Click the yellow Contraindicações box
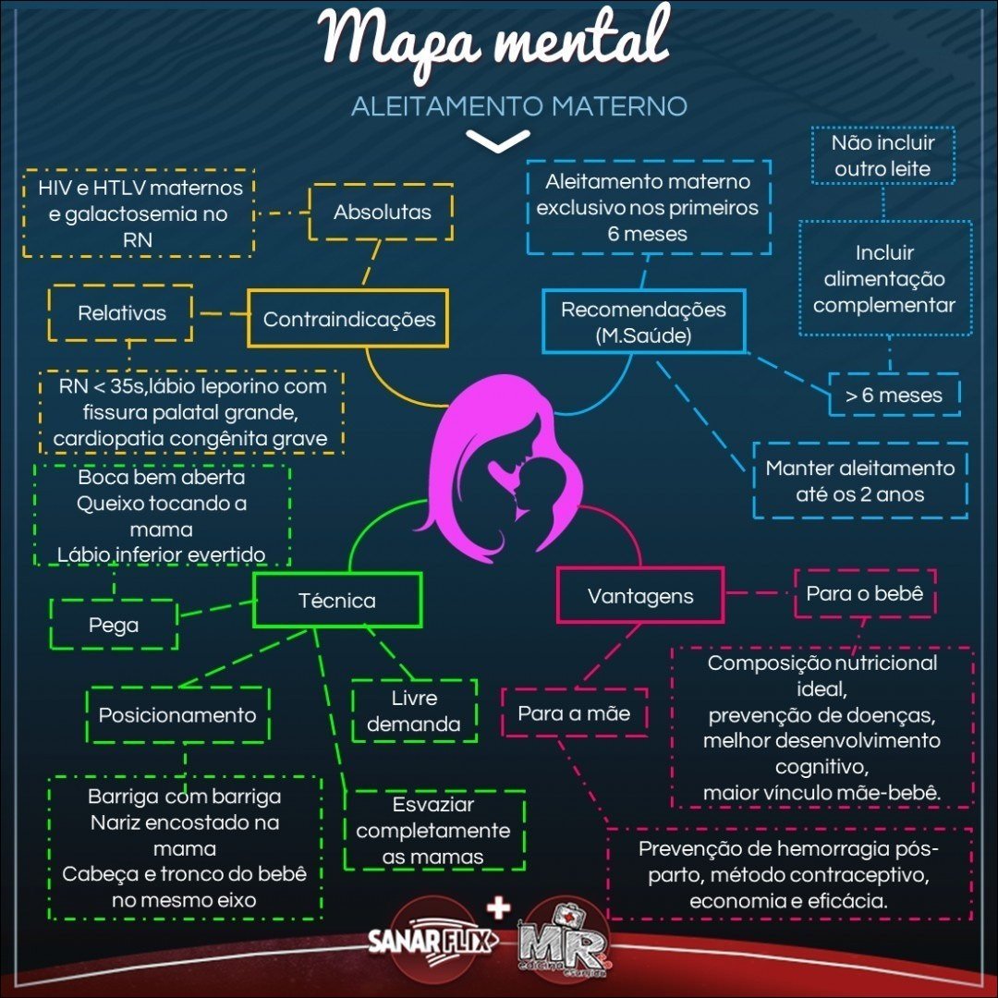pos(348,319)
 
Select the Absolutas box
pos(382,213)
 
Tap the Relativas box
pos(121,313)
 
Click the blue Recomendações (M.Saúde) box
pos(643,322)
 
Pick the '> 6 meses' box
pos(894,396)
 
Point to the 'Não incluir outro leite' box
pos(882,156)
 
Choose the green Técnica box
pos(337,601)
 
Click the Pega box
pos(114,625)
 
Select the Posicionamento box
pos(177,714)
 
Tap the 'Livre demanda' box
pos(414,711)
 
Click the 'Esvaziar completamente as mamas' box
pos(433,830)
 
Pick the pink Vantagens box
pos(640,597)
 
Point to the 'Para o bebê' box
pos(865,593)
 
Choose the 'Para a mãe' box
pos(574,712)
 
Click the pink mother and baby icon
pos(504,471)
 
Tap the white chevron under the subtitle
pos(497,141)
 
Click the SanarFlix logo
pos(432,941)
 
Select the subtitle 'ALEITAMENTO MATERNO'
pos(519,106)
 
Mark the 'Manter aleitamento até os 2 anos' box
pos(860,481)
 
